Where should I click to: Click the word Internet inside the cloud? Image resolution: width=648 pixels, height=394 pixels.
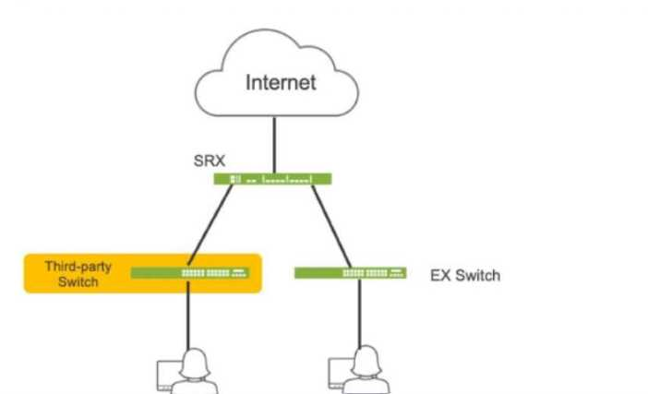point(281,83)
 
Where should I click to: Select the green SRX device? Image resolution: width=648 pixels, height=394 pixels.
point(273,179)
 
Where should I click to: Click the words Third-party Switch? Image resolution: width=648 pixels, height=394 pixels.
point(78,274)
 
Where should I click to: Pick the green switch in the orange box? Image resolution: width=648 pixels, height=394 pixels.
point(189,273)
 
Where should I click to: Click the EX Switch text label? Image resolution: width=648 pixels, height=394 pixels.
point(465,275)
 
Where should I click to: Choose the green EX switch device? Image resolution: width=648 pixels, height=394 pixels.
point(350,273)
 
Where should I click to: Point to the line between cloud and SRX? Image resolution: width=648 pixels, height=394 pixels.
point(273,146)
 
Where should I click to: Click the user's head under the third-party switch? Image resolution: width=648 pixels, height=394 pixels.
point(194,359)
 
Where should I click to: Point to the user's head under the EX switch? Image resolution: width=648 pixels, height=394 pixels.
point(366,359)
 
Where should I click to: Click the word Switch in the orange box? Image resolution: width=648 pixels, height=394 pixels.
point(78,281)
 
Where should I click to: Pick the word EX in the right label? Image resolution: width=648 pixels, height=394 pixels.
point(440,275)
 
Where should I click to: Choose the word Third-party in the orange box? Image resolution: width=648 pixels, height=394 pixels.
point(78,267)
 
